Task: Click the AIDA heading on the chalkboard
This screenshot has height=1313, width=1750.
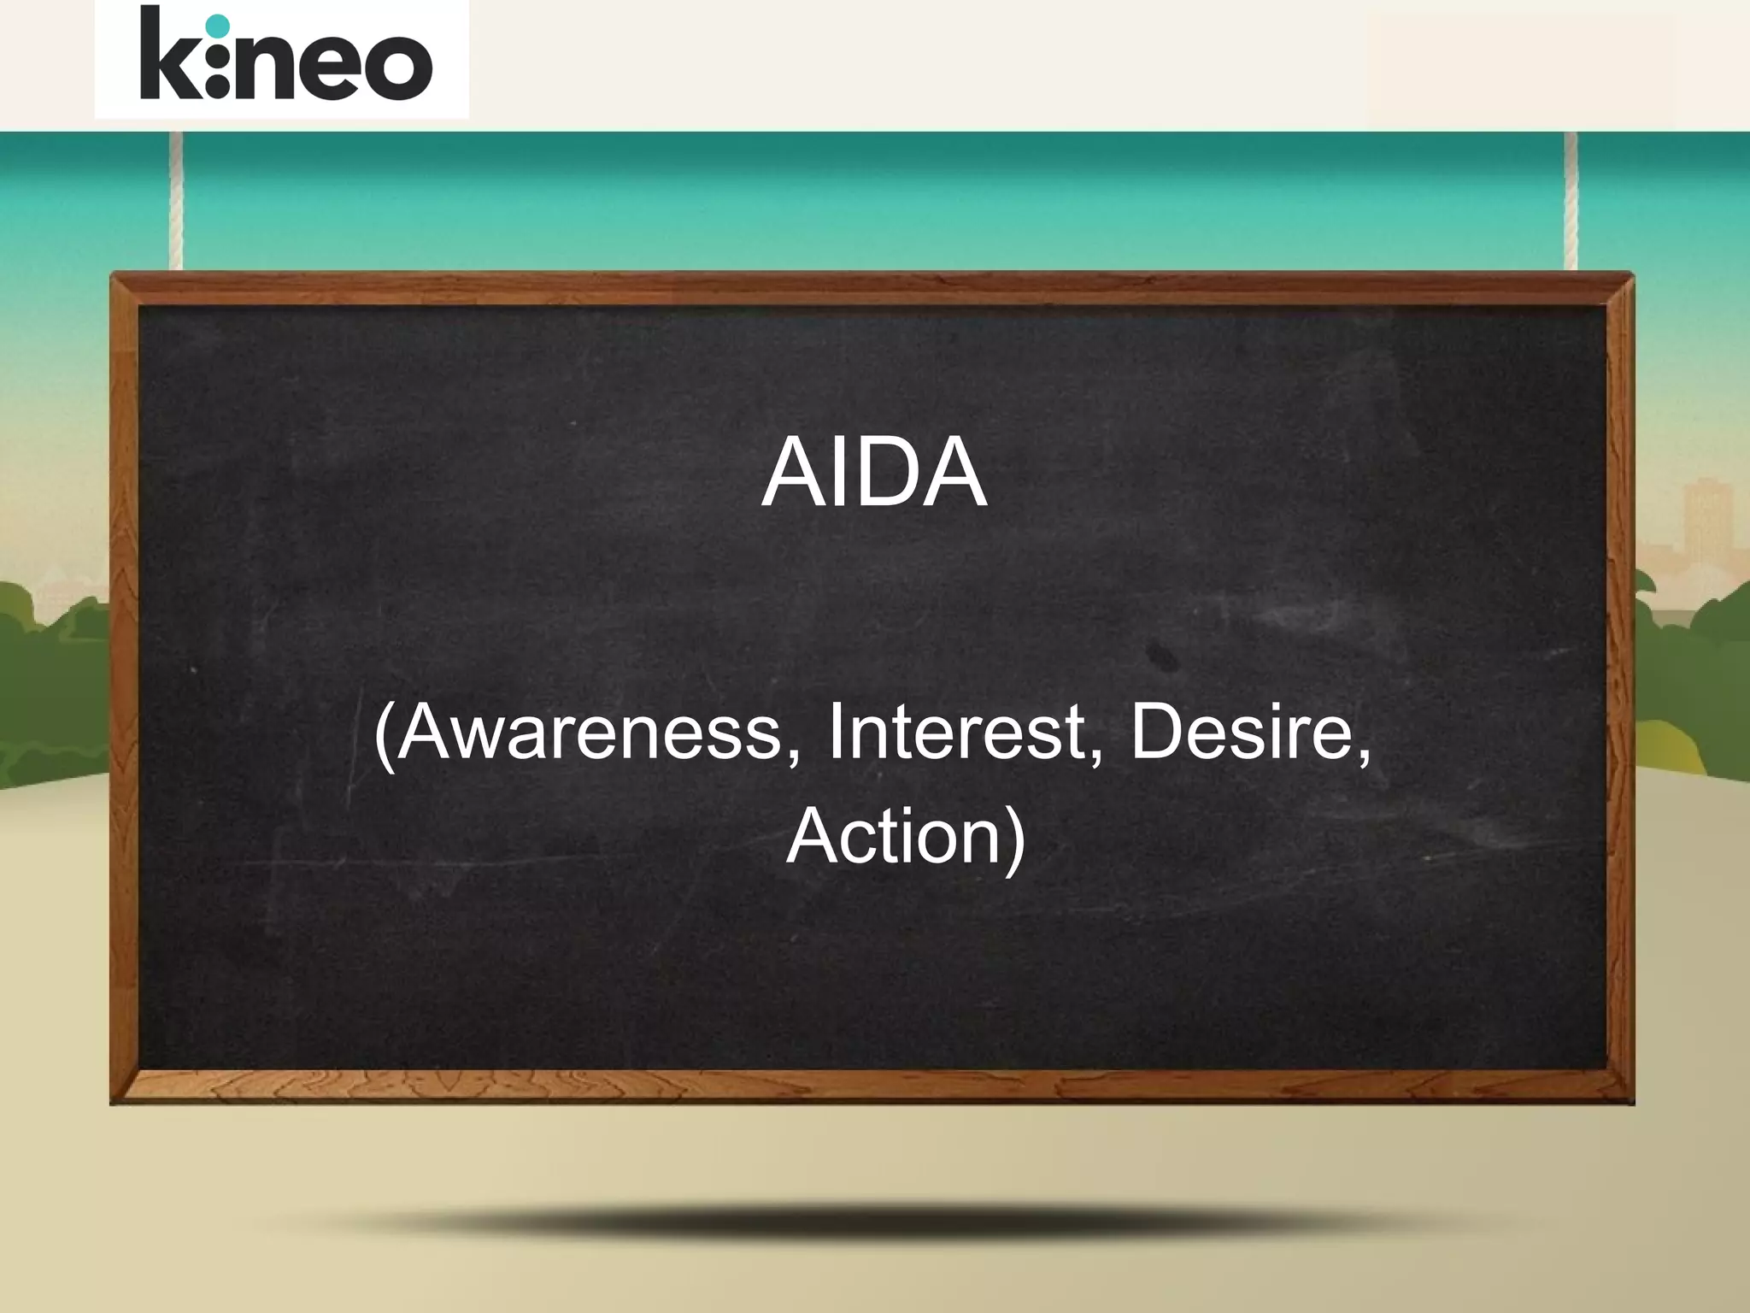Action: point(873,473)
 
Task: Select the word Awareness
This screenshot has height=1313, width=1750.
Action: point(590,733)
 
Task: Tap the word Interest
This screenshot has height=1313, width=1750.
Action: point(955,733)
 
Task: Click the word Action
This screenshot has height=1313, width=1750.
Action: point(893,836)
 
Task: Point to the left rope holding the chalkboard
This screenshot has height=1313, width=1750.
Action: point(176,201)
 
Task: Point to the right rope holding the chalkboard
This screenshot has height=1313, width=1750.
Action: point(1571,201)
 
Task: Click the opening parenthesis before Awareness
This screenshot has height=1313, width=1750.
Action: point(384,735)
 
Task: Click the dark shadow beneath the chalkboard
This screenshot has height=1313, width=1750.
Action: point(872,1222)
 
